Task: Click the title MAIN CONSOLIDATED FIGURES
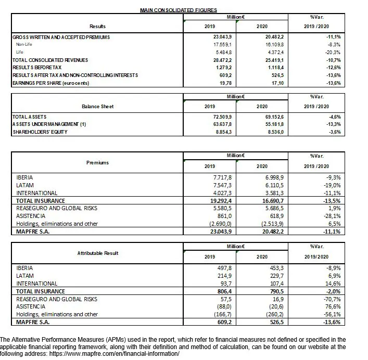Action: pyautogui.click(x=179, y=10)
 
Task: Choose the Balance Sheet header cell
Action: pyautogui.click(x=97, y=106)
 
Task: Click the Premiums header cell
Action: pyautogui.click(x=97, y=163)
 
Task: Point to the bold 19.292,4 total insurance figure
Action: pyautogui.click(x=208, y=200)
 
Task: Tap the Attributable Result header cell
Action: pyautogui.click(x=97, y=253)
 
